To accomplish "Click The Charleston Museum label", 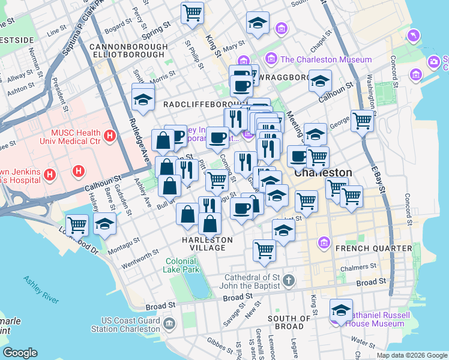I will tap(326, 59).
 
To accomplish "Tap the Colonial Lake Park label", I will tap(181, 265).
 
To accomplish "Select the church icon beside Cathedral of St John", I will tap(289, 280).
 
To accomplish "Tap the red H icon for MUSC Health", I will tap(109, 136).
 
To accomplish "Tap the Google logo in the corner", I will tap(20, 352).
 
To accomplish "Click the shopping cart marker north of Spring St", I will tap(192, 12).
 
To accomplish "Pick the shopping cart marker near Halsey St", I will tap(77, 225).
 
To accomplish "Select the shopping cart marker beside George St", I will tap(363, 121).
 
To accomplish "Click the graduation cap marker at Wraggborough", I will tap(320, 80).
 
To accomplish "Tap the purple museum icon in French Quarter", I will tap(324, 242).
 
